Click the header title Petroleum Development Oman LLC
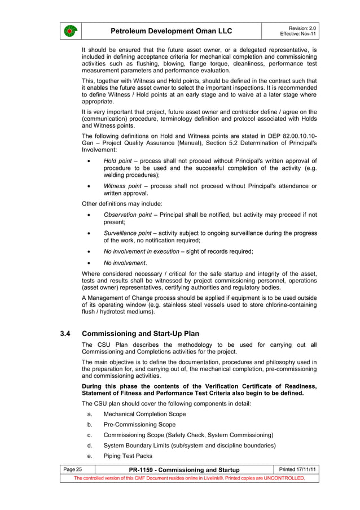(171, 30)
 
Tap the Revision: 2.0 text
(302, 28)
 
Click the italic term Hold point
(117, 161)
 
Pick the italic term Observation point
(128, 215)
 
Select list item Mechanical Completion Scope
(144, 414)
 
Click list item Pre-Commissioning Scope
(139, 425)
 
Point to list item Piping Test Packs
(128, 456)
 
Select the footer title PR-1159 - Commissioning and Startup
(184, 470)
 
